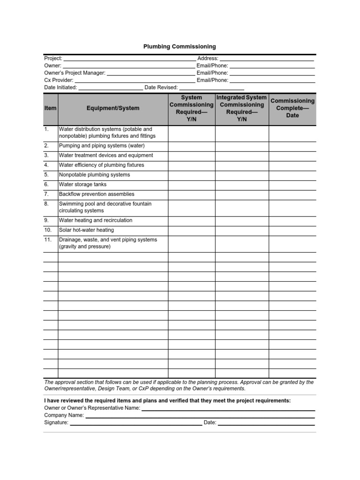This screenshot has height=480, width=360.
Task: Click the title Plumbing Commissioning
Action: (x=180, y=46)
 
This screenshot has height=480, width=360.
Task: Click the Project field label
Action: (x=53, y=58)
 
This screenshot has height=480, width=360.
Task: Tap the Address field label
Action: (x=208, y=58)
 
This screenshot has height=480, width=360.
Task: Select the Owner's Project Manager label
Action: (x=75, y=73)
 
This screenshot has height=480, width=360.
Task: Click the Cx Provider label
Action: (x=59, y=80)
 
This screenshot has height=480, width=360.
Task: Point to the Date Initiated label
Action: (x=60, y=87)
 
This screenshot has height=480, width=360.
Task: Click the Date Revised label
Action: (x=161, y=87)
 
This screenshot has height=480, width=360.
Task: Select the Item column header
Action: (x=50, y=108)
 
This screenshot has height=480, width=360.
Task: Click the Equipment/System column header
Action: (x=113, y=108)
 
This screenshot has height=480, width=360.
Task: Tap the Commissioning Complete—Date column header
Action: (x=292, y=108)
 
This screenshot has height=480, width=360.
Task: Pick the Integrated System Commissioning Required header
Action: (x=242, y=108)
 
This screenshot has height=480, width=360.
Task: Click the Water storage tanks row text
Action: (x=82, y=185)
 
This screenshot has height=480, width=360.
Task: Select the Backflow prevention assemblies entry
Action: (x=97, y=194)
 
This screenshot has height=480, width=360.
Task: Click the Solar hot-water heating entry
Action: (x=86, y=230)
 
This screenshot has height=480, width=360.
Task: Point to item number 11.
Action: (x=48, y=240)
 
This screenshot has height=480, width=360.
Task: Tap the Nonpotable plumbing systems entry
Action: (x=94, y=175)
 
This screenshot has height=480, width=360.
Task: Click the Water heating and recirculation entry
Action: (x=96, y=220)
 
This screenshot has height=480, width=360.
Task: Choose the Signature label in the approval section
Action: (x=56, y=422)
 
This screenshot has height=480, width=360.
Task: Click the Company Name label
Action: (x=64, y=415)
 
